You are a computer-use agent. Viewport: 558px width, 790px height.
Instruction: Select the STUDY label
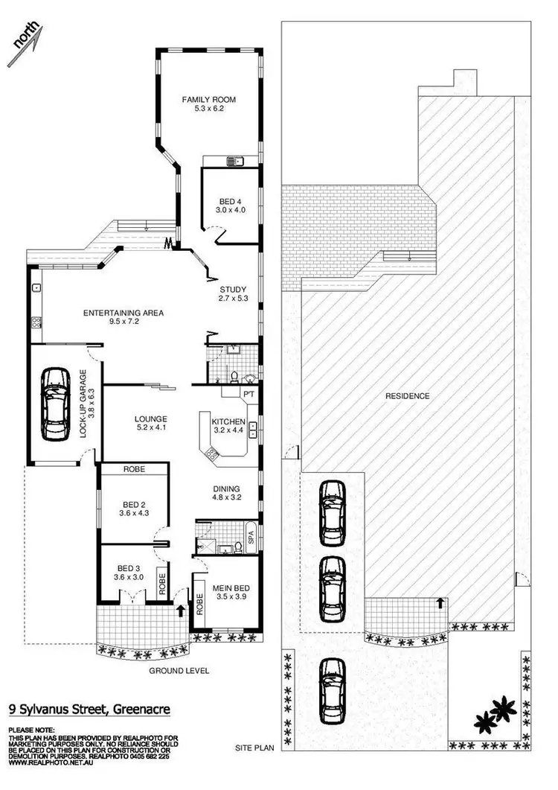click(232, 290)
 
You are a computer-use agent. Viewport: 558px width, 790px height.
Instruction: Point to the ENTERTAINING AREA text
click(123, 313)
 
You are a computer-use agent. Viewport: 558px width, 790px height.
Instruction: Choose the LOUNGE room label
click(150, 418)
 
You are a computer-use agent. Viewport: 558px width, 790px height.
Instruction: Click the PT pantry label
click(248, 392)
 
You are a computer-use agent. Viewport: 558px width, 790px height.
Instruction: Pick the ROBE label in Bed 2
click(135, 470)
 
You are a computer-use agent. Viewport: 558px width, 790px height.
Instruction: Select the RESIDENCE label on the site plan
click(407, 396)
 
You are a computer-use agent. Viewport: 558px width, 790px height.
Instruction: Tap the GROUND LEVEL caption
click(179, 670)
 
